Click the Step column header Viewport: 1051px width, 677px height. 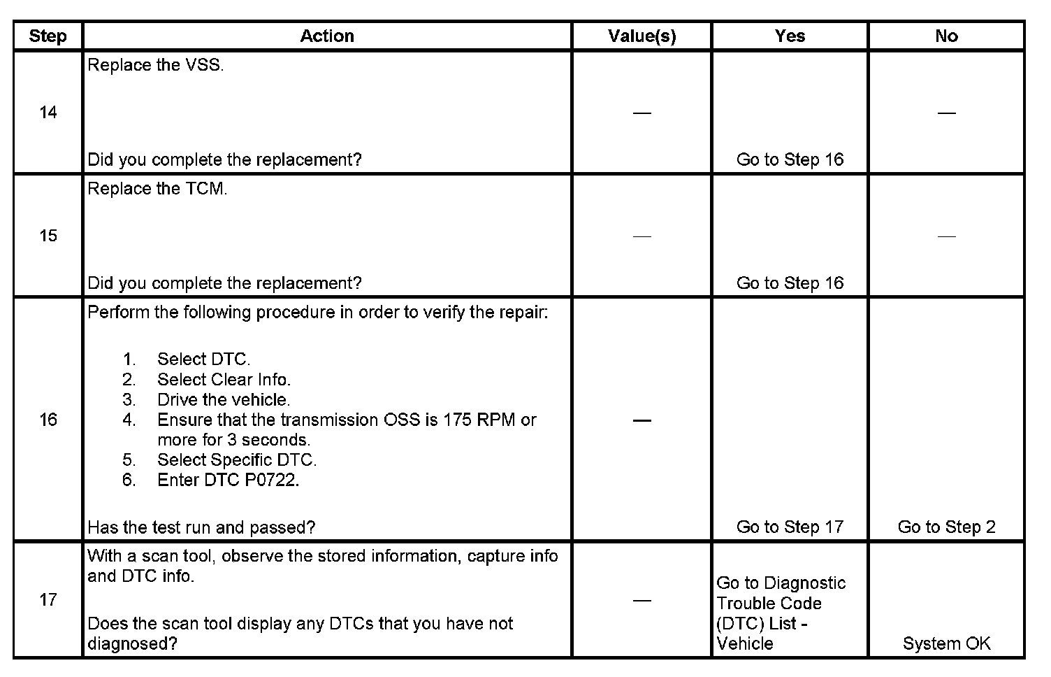[48, 36]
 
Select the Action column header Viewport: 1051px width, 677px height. [327, 36]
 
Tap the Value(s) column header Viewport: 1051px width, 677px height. [642, 36]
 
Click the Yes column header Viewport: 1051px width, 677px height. [790, 36]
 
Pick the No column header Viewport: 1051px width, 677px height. [946, 36]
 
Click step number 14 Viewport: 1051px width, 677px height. [48, 113]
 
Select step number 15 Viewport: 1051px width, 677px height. [48, 236]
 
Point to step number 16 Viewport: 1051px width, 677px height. [48, 420]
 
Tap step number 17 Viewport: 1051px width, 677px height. [48, 600]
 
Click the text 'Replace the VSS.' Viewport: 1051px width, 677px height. [156, 66]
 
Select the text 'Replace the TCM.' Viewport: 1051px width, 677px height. [157, 189]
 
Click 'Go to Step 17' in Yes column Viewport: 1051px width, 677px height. [790, 527]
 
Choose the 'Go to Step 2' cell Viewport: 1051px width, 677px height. [946, 527]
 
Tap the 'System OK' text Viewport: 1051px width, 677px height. [946, 643]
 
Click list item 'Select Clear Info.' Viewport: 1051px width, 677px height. [224, 380]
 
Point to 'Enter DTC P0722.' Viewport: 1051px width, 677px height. [228, 480]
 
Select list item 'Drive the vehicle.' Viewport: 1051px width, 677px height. [224, 400]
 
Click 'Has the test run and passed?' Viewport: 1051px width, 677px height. [201, 527]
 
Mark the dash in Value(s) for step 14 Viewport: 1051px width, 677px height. [642, 113]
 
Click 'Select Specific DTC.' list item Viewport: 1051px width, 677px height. [237, 460]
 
